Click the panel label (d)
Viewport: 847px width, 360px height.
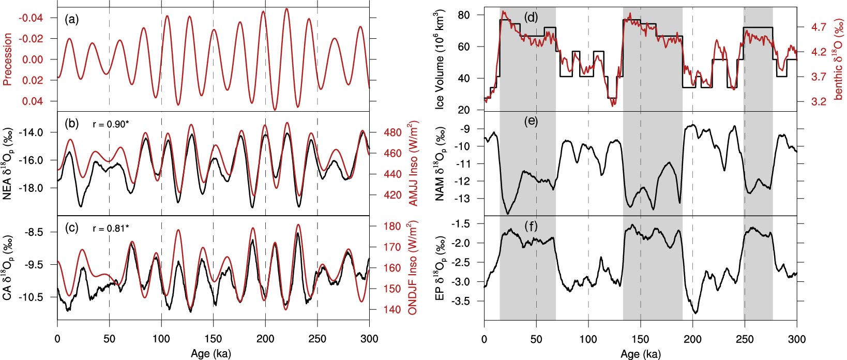point(531,17)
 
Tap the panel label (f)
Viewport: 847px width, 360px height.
point(531,226)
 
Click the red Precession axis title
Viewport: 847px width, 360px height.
point(8,59)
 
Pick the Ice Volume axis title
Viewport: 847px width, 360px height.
point(440,59)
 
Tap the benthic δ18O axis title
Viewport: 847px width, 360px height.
point(838,59)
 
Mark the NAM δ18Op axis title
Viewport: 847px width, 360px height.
point(440,163)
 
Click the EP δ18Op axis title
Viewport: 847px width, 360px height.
point(440,267)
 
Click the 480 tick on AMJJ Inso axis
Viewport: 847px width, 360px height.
point(394,132)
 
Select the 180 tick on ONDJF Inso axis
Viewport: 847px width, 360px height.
point(394,226)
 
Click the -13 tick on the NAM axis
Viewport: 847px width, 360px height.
point(463,199)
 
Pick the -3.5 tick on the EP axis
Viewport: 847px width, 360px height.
point(461,301)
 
